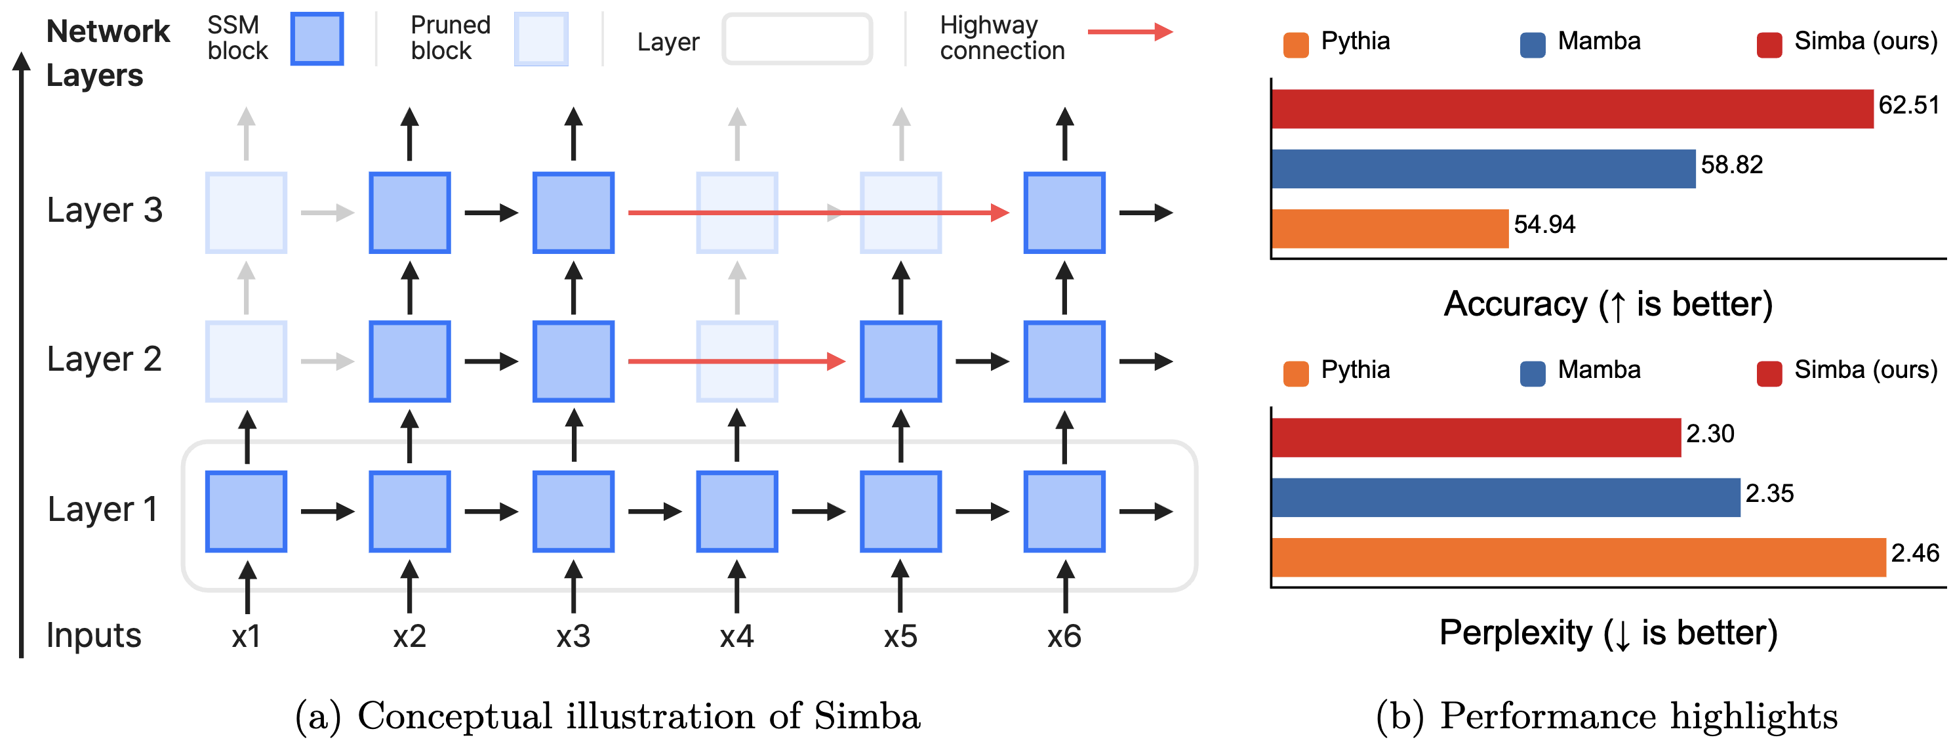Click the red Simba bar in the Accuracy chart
tap(1572, 108)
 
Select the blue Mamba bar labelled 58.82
tap(1482, 169)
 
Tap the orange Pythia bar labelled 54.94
tap(1390, 228)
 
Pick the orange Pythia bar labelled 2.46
tap(1578, 557)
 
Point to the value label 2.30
tap(1710, 434)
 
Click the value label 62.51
tap(1908, 105)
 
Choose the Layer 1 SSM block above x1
tap(247, 511)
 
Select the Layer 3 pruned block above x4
tap(737, 213)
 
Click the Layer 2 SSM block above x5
tap(900, 361)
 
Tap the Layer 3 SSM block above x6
tap(1064, 213)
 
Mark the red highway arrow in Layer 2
tap(735, 361)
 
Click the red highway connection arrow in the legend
tap(1130, 32)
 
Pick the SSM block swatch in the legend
tap(317, 39)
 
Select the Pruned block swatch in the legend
tap(540, 39)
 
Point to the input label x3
tap(573, 636)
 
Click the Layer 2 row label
tap(105, 359)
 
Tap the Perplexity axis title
tap(1608, 633)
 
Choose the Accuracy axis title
tap(1608, 304)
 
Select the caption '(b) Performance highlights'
tap(1607, 715)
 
